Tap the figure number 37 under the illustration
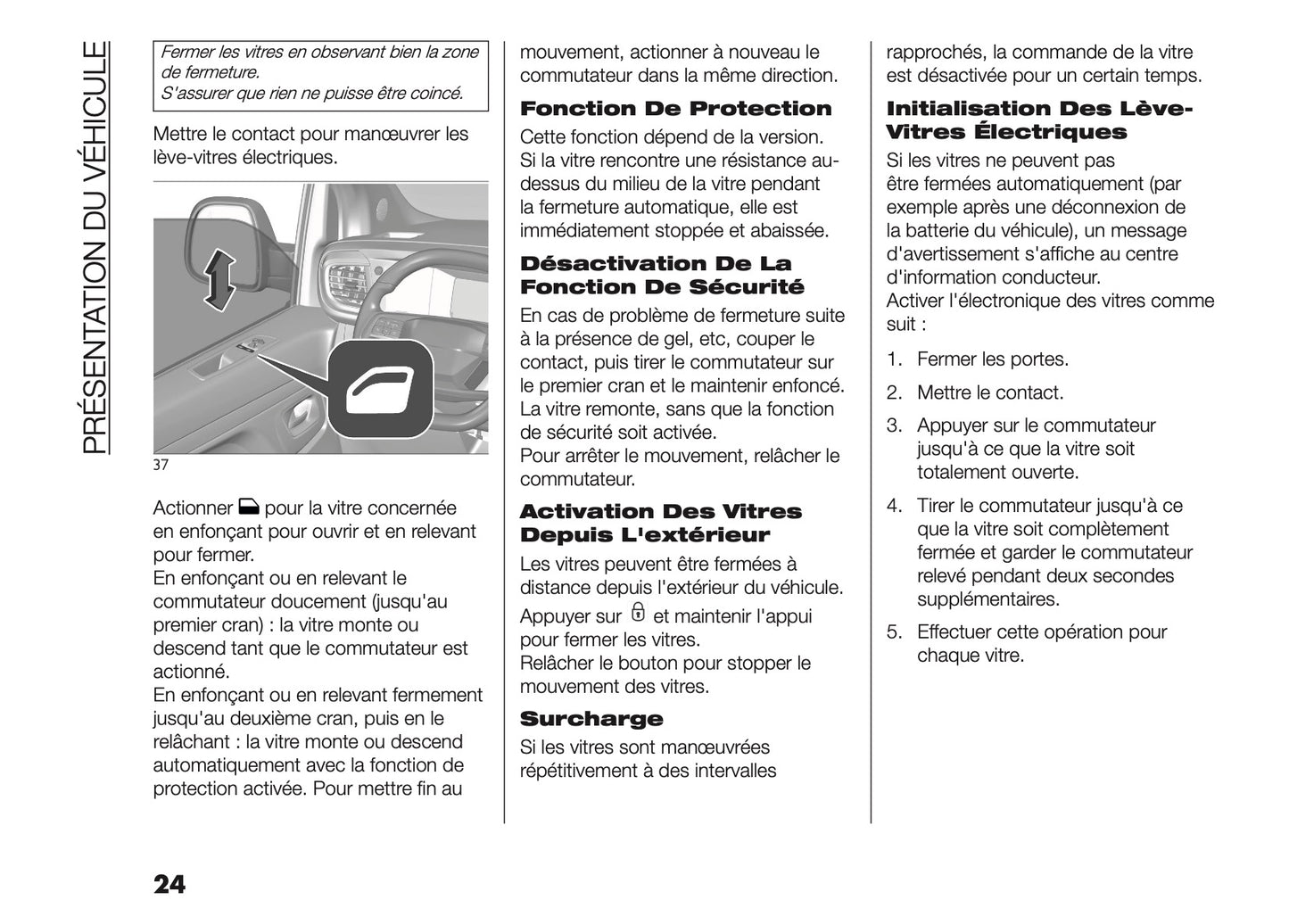(161, 465)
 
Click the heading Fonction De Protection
(675, 109)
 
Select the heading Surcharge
(591, 719)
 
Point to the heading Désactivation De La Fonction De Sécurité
(661, 276)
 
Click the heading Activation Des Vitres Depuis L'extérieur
(660, 524)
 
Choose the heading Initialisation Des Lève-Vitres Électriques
(1038, 120)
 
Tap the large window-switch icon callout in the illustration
(380, 390)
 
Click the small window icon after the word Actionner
(248, 508)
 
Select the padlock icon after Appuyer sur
(637, 613)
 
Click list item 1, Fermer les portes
(992, 359)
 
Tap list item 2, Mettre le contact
(989, 392)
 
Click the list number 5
(894, 632)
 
